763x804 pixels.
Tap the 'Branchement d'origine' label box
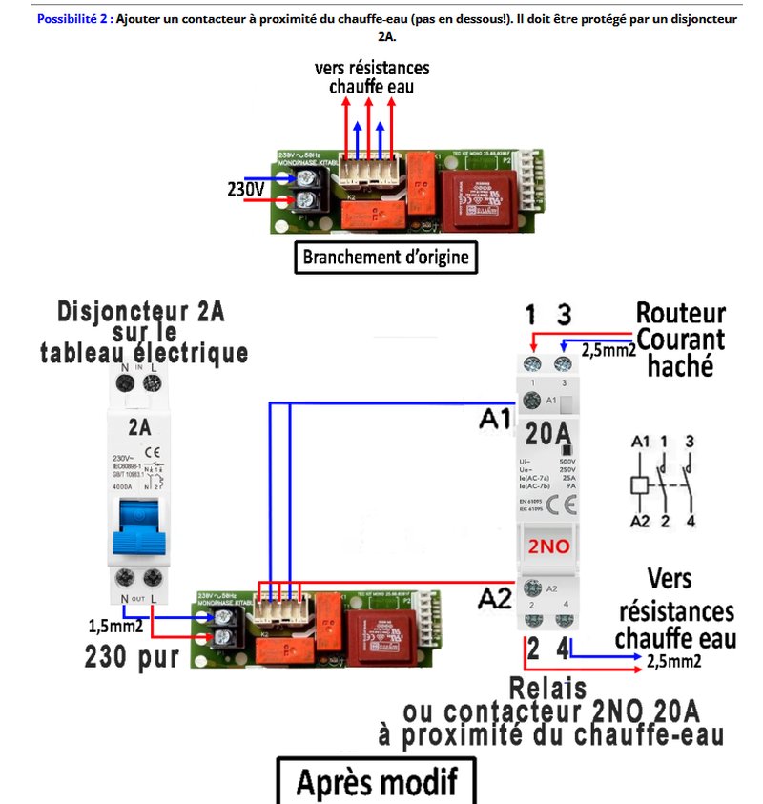click(384, 258)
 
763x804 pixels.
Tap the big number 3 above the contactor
click(565, 316)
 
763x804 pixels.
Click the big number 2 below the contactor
click(532, 650)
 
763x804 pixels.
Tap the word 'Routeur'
click(680, 314)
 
